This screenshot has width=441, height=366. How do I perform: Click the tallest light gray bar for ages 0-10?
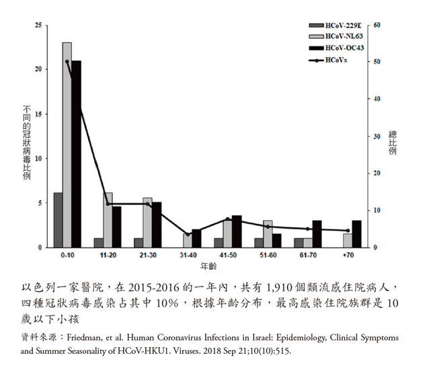click(67, 145)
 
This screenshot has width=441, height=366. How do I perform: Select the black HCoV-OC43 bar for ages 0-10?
click(77, 154)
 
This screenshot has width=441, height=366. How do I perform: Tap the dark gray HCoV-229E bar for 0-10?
click(58, 220)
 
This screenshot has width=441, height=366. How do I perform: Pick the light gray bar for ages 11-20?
click(108, 220)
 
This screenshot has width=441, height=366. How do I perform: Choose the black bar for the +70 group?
click(357, 233)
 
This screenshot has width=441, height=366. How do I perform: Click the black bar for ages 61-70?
click(317, 233)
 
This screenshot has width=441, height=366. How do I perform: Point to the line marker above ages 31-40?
click(188, 235)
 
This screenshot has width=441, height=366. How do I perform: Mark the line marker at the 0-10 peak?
click(67, 61)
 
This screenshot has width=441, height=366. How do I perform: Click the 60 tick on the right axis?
click(377, 26)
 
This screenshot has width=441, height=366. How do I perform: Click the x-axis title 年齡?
click(208, 266)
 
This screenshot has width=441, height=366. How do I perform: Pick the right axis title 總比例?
click(393, 142)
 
